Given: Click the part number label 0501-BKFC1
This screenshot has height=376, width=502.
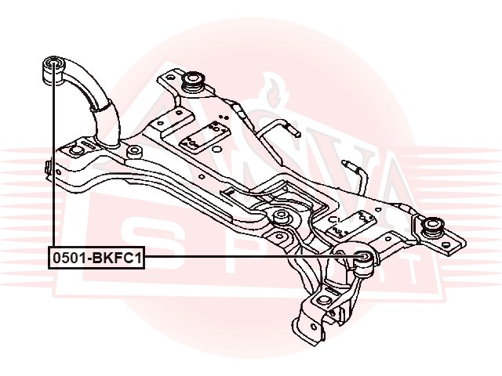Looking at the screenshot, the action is tap(96, 258).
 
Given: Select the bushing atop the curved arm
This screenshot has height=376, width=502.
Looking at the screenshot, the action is tap(54, 70).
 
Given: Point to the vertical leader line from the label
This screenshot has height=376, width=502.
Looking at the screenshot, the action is tap(53, 155).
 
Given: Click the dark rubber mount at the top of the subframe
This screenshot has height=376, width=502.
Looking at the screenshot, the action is tap(192, 81).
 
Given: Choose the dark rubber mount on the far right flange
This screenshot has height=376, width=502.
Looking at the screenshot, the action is tap(432, 227).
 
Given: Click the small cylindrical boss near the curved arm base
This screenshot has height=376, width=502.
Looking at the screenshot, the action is tap(134, 151).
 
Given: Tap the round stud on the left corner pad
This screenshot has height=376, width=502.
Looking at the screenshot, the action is tap(75, 150).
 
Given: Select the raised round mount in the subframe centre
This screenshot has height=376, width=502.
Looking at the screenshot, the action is tap(282, 219).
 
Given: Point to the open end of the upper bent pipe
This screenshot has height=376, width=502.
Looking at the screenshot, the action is tap(296, 133).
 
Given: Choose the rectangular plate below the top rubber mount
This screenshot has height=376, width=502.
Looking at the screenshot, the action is tap(205, 136).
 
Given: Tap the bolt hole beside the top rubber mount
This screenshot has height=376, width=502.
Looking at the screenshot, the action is tap(171, 78).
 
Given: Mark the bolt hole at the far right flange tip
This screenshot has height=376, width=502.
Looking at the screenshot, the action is tap(446, 246).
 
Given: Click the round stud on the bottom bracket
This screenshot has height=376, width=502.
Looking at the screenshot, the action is tap(324, 302).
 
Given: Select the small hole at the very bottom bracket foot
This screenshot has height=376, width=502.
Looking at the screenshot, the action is tap(313, 327).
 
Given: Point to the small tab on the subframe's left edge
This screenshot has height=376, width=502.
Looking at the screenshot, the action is tap(49, 167).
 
